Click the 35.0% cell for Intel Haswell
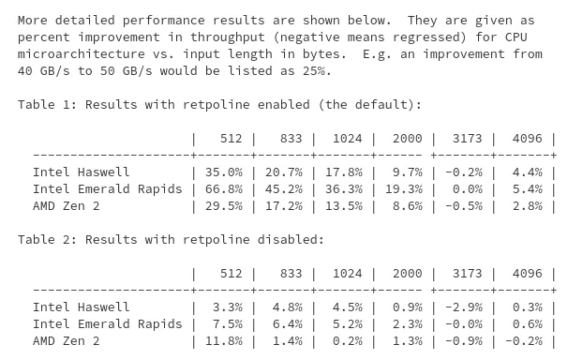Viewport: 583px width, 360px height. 223,172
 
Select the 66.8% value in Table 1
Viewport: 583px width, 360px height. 223,189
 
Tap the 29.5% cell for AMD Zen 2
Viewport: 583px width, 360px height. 223,206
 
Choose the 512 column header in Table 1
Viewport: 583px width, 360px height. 231,139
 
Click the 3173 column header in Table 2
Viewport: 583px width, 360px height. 467,274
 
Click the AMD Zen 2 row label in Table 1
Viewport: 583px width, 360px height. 66,206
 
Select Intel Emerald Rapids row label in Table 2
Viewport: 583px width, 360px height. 107,324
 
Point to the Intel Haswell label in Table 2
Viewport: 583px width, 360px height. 81,307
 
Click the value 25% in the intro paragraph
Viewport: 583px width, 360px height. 317,71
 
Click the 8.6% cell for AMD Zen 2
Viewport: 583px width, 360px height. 407,206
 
